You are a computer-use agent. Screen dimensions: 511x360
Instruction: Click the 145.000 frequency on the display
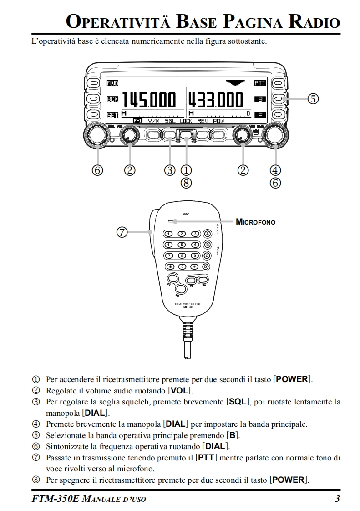coord(148,99)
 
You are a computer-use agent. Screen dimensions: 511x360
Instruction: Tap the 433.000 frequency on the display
coord(216,99)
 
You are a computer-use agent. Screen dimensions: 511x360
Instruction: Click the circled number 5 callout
coord(313,98)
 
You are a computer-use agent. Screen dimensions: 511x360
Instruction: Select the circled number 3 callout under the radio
coord(170,170)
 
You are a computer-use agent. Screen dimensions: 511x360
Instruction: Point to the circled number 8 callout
coord(186,183)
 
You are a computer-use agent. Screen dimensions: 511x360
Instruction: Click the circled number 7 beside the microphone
coord(122,232)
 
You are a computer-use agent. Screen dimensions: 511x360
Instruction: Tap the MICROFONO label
coord(255,222)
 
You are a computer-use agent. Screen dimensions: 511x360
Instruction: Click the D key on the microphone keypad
coord(207,266)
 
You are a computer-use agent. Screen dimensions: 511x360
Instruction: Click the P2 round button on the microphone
coord(181,288)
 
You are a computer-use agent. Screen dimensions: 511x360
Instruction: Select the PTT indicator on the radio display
coord(260,83)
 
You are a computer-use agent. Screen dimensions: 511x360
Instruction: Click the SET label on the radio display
coord(112,115)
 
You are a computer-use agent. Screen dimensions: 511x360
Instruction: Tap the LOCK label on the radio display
coord(186,121)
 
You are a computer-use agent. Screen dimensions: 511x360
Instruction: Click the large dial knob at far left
coord(96,135)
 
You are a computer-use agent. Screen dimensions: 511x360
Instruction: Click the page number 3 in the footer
coord(337,499)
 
